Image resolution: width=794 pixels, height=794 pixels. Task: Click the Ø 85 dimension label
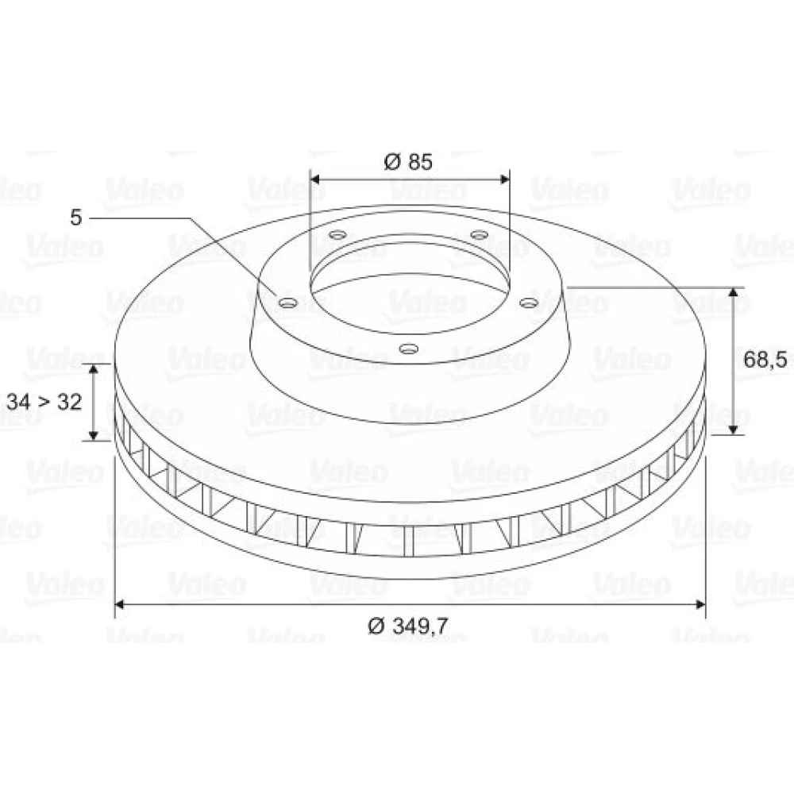tap(408, 161)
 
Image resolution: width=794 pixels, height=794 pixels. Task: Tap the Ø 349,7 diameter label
tap(408, 626)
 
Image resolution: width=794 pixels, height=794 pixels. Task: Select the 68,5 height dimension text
tap(765, 360)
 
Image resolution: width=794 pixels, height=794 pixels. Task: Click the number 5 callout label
tap(75, 218)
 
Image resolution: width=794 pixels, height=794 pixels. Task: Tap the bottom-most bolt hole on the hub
tap(409, 349)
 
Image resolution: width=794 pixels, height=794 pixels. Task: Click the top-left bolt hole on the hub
tap(337, 235)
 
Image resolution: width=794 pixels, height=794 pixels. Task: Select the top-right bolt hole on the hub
tap(479, 235)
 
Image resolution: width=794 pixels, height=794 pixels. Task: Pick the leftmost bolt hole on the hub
tap(288, 303)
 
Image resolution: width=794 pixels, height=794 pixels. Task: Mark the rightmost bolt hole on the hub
tap(529, 303)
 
